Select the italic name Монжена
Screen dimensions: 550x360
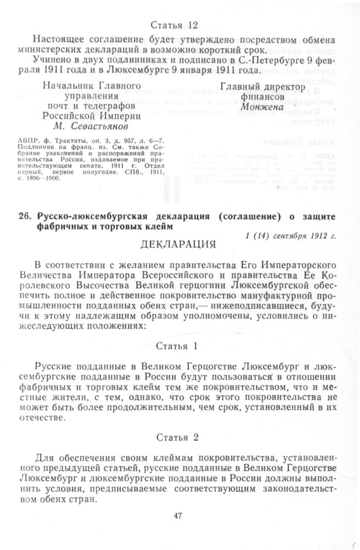[x=261, y=107]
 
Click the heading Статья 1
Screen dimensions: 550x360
[x=176, y=347]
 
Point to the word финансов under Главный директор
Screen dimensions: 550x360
[x=262, y=97]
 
